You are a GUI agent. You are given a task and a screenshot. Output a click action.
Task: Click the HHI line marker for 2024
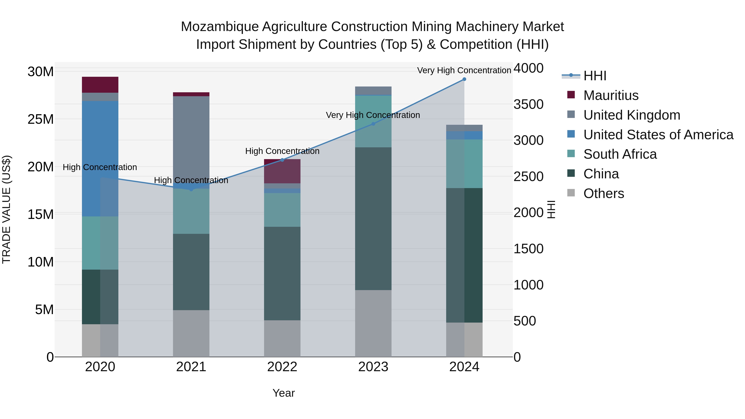pos(464,79)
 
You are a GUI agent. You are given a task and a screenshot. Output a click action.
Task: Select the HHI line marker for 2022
pos(282,160)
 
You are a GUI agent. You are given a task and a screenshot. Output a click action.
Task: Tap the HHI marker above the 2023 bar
pos(373,124)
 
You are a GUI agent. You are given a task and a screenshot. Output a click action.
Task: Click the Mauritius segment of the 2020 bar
pos(100,85)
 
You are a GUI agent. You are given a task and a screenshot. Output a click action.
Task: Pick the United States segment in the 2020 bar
pos(100,158)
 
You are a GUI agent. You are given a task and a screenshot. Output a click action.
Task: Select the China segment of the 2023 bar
pos(373,219)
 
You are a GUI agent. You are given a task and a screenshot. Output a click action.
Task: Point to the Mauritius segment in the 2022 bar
pos(282,171)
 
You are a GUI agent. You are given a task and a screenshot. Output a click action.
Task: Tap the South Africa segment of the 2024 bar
pos(464,164)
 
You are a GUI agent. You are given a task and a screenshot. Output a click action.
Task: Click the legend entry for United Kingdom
pos(631,115)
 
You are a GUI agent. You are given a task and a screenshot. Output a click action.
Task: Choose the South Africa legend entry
pos(620,154)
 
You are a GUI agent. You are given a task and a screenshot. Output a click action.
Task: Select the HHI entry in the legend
pos(595,76)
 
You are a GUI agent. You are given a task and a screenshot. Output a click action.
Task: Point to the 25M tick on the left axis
pos(41,119)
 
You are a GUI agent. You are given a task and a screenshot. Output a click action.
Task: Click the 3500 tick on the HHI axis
pos(528,104)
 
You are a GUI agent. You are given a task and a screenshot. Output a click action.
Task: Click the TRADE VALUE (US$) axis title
pos(6,209)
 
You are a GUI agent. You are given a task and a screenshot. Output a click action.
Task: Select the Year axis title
pos(284,393)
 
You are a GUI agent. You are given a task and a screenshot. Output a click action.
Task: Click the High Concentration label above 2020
pos(100,167)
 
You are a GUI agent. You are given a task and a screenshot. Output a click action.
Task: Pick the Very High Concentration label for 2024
pos(464,70)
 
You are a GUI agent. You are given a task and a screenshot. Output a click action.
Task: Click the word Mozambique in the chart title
pos(220,27)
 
